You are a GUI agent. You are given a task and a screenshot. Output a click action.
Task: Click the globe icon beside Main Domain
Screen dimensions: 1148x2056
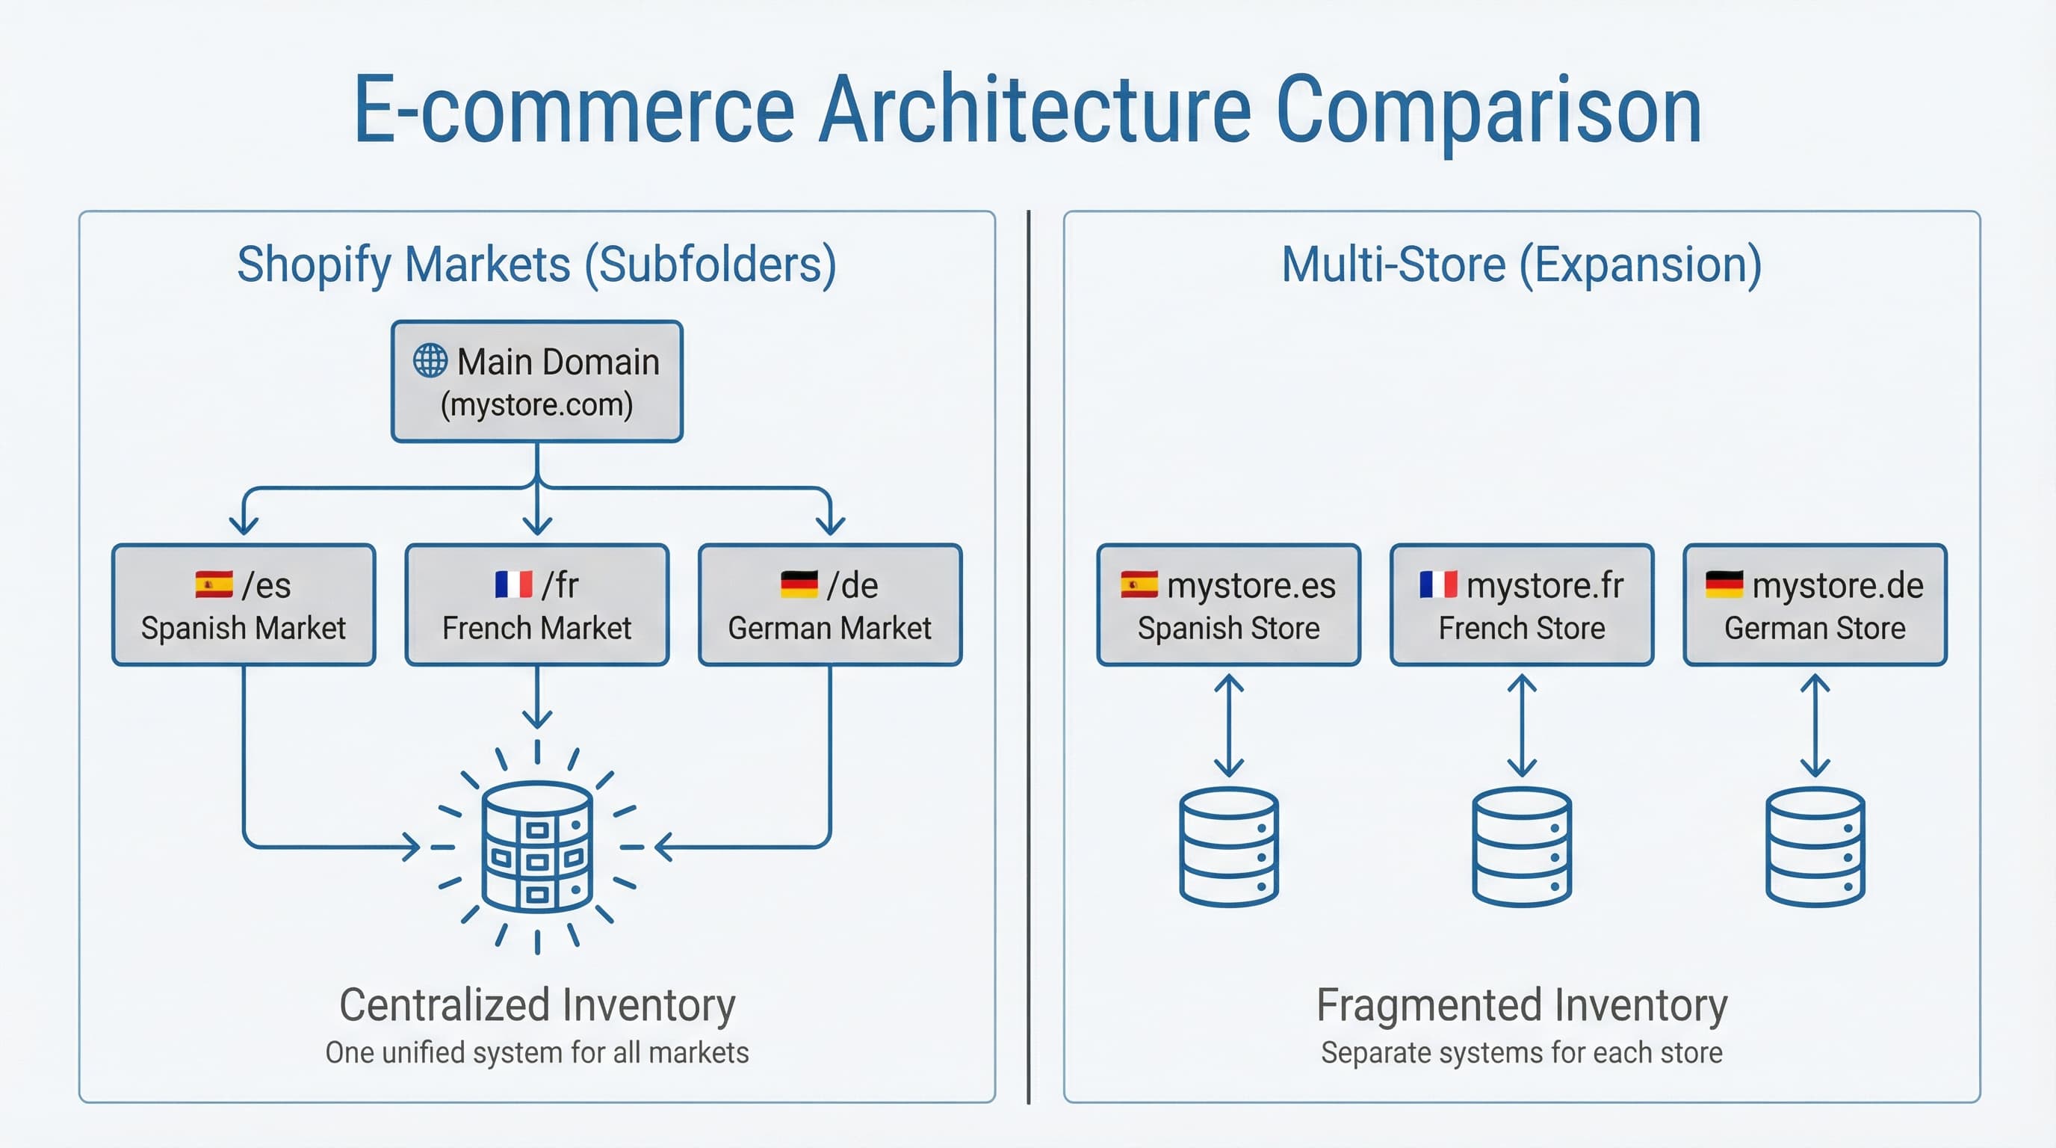coord(430,361)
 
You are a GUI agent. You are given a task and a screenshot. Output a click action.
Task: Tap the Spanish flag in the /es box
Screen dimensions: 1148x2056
coord(214,584)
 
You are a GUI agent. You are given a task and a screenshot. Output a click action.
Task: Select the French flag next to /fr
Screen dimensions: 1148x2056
coord(513,584)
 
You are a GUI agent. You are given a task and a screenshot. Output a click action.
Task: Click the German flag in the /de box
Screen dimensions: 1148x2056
coord(799,584)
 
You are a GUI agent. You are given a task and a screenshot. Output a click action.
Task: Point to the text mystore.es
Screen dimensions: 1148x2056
coord(1251,585)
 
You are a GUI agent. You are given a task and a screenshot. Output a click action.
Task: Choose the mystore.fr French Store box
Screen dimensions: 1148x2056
coord(1521,605)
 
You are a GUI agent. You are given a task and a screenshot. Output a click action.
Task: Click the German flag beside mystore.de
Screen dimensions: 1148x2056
coord(1724,584)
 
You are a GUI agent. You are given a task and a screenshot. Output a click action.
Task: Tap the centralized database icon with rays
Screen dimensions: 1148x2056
coord(537,847)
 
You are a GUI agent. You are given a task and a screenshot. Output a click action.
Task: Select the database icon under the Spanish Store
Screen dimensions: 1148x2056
coord(1228,847)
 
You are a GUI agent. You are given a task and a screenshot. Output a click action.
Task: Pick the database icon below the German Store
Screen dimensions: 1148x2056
coord(1815,847)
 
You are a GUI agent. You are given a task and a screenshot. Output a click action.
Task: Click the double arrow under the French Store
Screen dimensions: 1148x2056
coord(1522,726)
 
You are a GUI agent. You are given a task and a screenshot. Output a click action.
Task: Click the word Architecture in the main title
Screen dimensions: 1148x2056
coord(1035,109)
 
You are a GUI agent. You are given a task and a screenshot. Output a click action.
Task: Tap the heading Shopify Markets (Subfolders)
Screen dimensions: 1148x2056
coord(536,265)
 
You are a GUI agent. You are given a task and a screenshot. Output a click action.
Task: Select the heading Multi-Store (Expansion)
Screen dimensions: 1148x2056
coord(1521,265)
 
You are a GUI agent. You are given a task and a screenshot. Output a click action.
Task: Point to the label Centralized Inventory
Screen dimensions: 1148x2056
coord(537,1004)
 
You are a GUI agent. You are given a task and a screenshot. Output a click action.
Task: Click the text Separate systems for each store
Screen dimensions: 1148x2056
coord(1521,1052)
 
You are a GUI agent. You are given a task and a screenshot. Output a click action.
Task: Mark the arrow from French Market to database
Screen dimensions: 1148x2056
coord(537,696)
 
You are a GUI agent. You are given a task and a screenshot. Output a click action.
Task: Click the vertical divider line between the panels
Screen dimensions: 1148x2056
coord(1029,655)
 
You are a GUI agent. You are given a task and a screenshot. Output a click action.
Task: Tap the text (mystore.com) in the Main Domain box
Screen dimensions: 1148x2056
coord(536,405)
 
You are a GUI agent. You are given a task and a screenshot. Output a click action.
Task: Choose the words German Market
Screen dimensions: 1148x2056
coord(829,629)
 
